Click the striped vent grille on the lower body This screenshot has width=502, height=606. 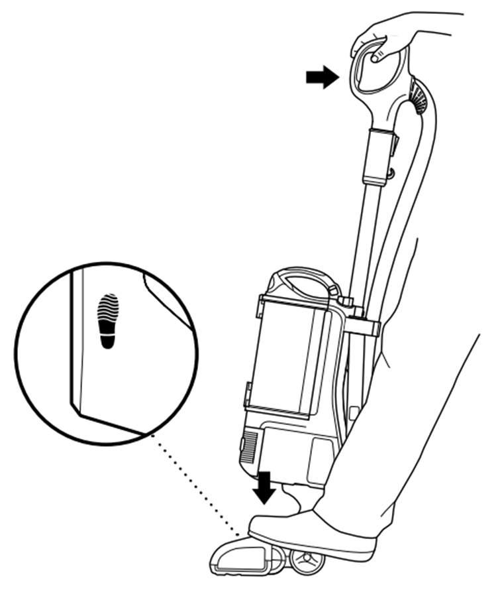point(250,448)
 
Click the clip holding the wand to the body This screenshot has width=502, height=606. point(363,326)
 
